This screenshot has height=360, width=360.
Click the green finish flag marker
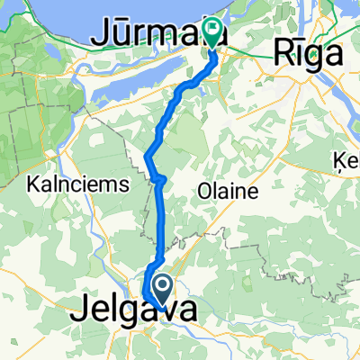point(213,32)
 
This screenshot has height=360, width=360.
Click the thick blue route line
point(162,225)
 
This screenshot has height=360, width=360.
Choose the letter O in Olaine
point(200,192)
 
